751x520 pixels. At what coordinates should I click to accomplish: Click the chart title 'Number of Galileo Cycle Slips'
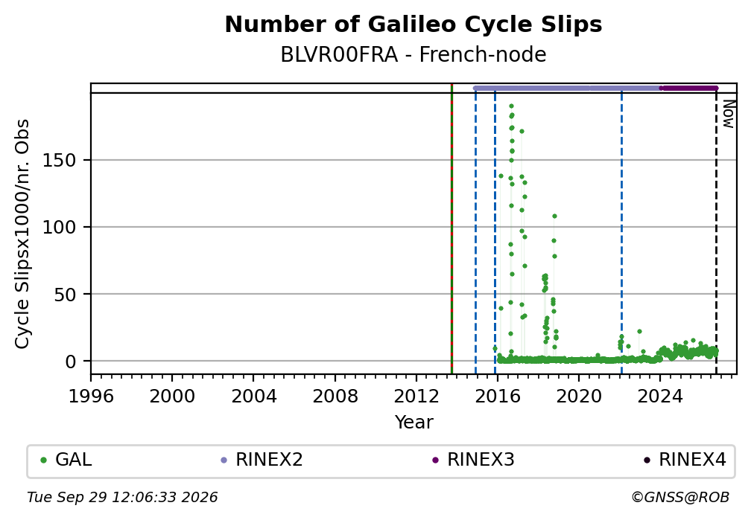click(x=413, y=25)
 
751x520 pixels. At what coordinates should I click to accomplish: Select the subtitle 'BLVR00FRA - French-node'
click(x=413, y=55)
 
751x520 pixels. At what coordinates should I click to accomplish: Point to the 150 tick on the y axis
click(x=60, y=160)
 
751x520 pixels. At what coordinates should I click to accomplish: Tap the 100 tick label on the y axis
click(x=60, y=227)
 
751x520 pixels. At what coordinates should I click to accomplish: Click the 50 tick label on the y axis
click(x=65, y=294)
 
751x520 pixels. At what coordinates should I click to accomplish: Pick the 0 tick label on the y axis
click(x=71, y=362)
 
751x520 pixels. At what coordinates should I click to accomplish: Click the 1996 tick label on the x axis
click(x=91, y=396)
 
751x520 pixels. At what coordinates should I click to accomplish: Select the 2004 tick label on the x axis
click(x=254, y=396)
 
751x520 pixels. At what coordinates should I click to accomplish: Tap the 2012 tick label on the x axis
click(x=416, y=396)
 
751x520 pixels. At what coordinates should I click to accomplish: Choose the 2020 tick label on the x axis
click(x=579, y=396)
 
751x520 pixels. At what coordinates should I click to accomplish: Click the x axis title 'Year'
click(x=413, y=422)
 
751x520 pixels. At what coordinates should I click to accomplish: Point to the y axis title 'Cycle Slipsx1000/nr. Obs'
click(x=22, y=234)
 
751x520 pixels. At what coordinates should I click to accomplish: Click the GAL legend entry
click(x=66, y=460)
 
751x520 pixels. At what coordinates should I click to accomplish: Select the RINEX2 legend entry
click(x=262, y=460)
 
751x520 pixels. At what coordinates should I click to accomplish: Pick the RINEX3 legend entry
click(x=473, y=460)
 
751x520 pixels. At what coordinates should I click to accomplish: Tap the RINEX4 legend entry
click(x=685, y=460)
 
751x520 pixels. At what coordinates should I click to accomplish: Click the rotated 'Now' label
click(x=728, y=114)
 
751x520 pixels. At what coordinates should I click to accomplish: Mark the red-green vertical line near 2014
click(x=451, y=228)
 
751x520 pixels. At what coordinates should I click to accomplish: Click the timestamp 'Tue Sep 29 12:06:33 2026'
click(x=122, y=498)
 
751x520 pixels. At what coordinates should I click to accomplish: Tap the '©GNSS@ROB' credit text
click(x=680, y=498)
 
